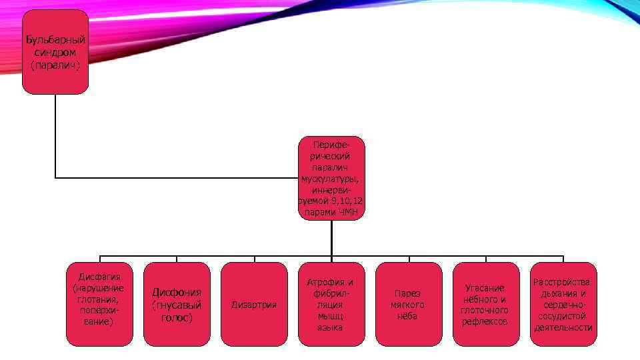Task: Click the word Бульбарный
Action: (x=56, y=40)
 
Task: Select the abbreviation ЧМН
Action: (x=347, y=213)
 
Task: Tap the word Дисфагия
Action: (x=99, y=277)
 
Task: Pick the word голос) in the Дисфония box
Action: (x=177, y=318)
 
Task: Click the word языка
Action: (x=331, y=327)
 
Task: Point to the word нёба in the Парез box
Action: (x=409, y=316)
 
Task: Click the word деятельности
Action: (x=563, y=327)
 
